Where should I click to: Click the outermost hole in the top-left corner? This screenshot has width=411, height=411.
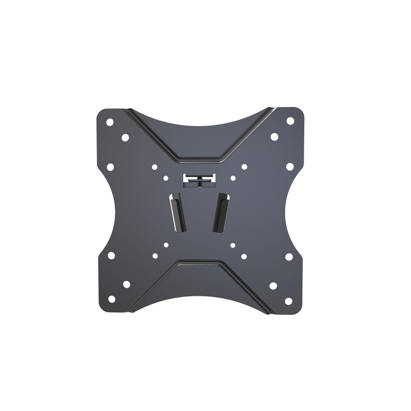pos(110,122)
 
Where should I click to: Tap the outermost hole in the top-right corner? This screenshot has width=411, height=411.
pos(290,121)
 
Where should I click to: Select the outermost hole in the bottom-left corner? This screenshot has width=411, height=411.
pos(112,299)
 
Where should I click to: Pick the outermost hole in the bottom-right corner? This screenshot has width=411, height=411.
pos(289,301)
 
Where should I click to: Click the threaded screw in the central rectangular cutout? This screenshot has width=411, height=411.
pos(199,183)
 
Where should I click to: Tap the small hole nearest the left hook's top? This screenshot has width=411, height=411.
pos(166,178)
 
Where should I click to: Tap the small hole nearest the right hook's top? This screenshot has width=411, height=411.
pos(233,178)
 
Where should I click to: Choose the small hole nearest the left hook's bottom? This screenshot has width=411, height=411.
pos(166,245)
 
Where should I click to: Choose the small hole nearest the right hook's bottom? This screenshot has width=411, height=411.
pos(233,245)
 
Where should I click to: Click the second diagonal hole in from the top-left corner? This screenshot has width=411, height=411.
pos(125,138)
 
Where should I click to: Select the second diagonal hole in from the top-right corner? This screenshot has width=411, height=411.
pos(274,136)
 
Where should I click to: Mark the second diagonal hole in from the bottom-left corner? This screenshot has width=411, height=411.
pos(127,284)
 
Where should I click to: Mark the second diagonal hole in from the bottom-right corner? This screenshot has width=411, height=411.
pos(273,286)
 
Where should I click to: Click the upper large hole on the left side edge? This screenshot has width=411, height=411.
pos(110,167)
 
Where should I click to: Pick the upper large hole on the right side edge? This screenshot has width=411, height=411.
pos(290,166)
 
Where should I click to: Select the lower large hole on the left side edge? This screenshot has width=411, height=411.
pos(111,255)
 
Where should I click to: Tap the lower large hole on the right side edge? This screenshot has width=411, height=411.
pos(289,256)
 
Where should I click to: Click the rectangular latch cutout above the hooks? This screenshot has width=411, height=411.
pos(199,178)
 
